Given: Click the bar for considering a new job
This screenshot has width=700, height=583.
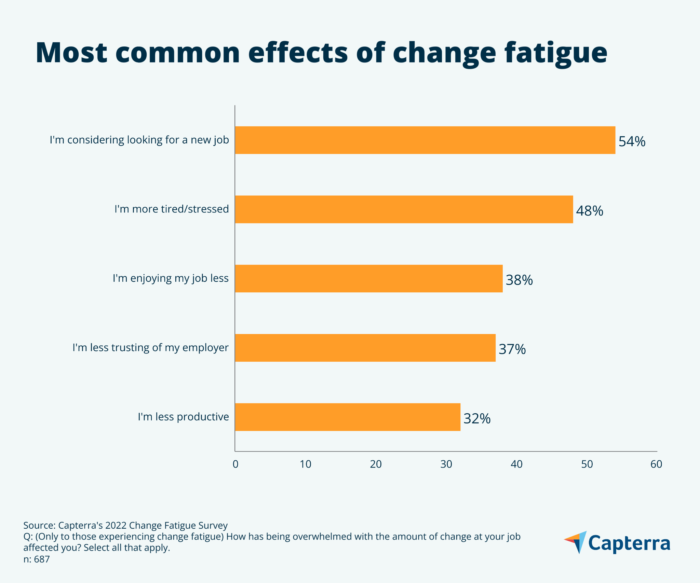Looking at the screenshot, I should click(x=425, y=140).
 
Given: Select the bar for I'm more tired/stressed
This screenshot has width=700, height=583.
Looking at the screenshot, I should click(x=404, y=209).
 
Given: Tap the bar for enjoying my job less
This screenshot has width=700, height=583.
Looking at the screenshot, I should click(x=368, y=278).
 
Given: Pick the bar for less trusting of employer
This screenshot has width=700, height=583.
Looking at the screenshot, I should click(x=365, y=348).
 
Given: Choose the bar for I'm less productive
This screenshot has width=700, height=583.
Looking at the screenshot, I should click(x=347, y=417).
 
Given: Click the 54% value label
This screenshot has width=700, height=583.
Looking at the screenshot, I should click(x=632, y=141).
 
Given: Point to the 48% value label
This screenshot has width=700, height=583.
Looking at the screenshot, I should click(x=589, y=211).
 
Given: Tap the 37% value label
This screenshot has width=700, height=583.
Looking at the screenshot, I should click(x=512, y=349).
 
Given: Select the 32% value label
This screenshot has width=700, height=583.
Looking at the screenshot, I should click(x=476, y=418).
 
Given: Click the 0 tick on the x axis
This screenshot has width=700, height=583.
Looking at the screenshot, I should click(x=235, y=464).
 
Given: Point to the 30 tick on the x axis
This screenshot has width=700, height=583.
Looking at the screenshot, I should click(x=446, y=464).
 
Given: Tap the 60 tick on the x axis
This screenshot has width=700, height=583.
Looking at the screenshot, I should click(x=656, y=464).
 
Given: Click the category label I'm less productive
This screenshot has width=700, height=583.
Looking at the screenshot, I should click(x=183, y=417).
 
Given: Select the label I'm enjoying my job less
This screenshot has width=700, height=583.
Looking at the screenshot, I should click(x=171, y=278).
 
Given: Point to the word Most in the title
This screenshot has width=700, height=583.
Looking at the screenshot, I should click(x=71, y=53).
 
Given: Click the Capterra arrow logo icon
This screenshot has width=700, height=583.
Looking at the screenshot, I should click(x=576, y=542).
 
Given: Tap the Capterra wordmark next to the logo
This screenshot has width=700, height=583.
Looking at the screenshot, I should click(x=629, y=543).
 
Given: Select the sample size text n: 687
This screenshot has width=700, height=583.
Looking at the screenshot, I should click(x=37, y=559).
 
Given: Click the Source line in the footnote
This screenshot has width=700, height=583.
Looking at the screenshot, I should click(x=125, y=525).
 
